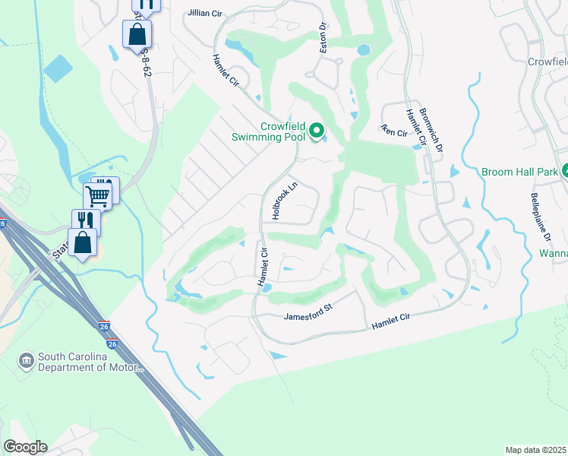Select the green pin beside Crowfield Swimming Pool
(318, 132)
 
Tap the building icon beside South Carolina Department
(26, 358)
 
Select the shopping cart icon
(99, 195)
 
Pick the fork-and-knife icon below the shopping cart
(85, 220)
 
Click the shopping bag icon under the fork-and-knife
(82, 243)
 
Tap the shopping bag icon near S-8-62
(137, 34)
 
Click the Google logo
(26, 447)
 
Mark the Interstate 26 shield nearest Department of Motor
(112, 344)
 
